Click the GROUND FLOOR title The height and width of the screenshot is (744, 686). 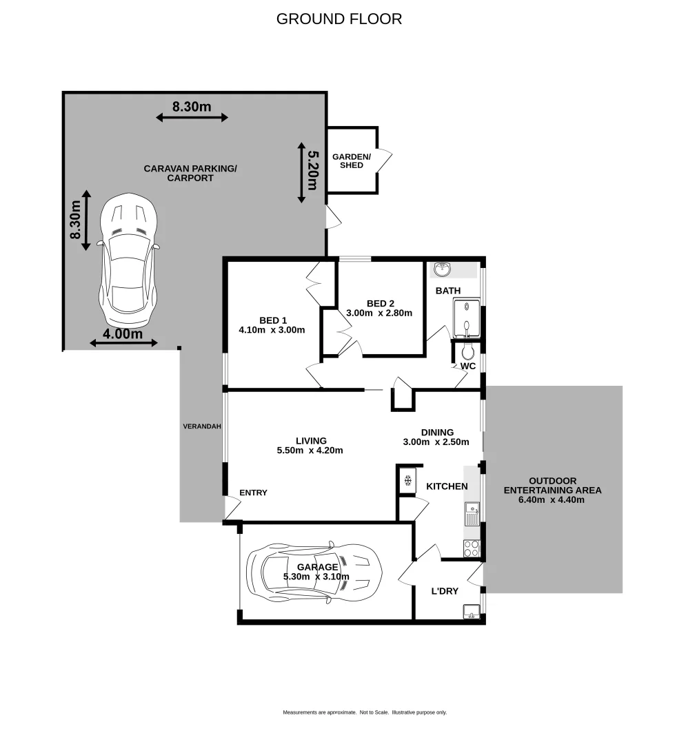(x=339, y=19)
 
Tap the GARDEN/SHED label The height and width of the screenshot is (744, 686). (x=352, y=161)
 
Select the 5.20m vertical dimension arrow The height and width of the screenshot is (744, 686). (x=301, y=172)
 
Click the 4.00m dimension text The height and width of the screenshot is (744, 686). (x=123, y=334)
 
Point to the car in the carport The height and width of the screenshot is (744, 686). (x=129, y=262)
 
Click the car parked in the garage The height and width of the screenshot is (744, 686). (x=314, y=570)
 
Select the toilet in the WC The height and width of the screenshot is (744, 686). (x=468, y=353)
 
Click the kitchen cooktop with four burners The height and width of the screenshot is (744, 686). (x=472, y=548)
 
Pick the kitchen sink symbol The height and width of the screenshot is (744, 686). (x=472, y=515)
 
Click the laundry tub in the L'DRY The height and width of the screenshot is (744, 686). (x=472, y=610)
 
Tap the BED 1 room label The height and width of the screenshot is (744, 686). (x=273, y=320)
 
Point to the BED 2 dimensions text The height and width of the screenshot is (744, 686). (x=379, y=313)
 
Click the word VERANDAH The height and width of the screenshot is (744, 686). (x=202, y=426)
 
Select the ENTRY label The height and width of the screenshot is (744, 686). (x=253, y=493)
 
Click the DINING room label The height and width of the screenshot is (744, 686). (x=437, y=433)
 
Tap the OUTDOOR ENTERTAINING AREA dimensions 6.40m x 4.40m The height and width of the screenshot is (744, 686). (x=552, y=500)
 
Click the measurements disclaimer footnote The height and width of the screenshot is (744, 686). (x=365, y=712)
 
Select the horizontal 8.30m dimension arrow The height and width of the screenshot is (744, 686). (x=192, y=118)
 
